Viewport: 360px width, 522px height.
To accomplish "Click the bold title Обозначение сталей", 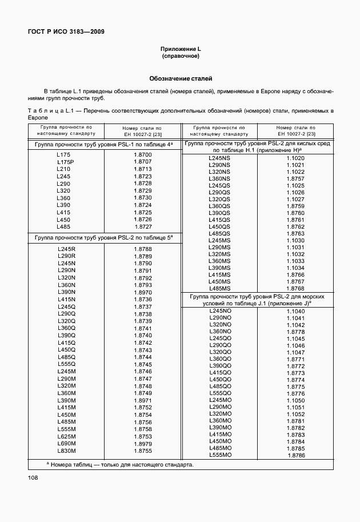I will [x=180, y=78].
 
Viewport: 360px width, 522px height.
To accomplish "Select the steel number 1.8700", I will [x=142, y=155].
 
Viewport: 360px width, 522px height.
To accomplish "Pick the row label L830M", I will [x=66, y=451].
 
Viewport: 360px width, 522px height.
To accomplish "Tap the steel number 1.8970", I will [x=142, y=292].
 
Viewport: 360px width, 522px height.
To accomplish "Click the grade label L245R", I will [x=66, y=249].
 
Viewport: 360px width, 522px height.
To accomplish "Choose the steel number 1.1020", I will [x=295, y=158].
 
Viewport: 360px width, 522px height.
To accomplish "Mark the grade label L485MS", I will [x=219, y=288].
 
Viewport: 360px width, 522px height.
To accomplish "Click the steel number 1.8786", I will [x=296, y=455].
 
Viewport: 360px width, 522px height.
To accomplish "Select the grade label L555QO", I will [x=220, y=393].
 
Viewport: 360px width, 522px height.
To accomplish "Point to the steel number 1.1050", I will [x=295, y=400].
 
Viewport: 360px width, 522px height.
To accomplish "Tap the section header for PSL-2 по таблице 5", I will [x=103, y=237].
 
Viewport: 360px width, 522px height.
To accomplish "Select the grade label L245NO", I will [x=220, y=310].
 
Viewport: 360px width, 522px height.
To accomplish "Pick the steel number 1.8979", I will [x=142, y=444].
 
